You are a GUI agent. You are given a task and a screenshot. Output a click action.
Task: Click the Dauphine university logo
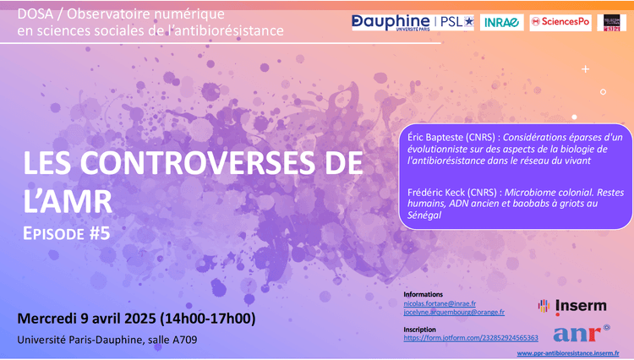pos(391,22)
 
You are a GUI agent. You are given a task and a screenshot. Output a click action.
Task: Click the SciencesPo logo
pos(560,23)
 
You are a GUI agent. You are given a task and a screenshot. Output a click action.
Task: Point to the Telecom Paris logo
pos(611,23)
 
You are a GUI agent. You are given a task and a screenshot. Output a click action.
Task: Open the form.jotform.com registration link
pos(470,338)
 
